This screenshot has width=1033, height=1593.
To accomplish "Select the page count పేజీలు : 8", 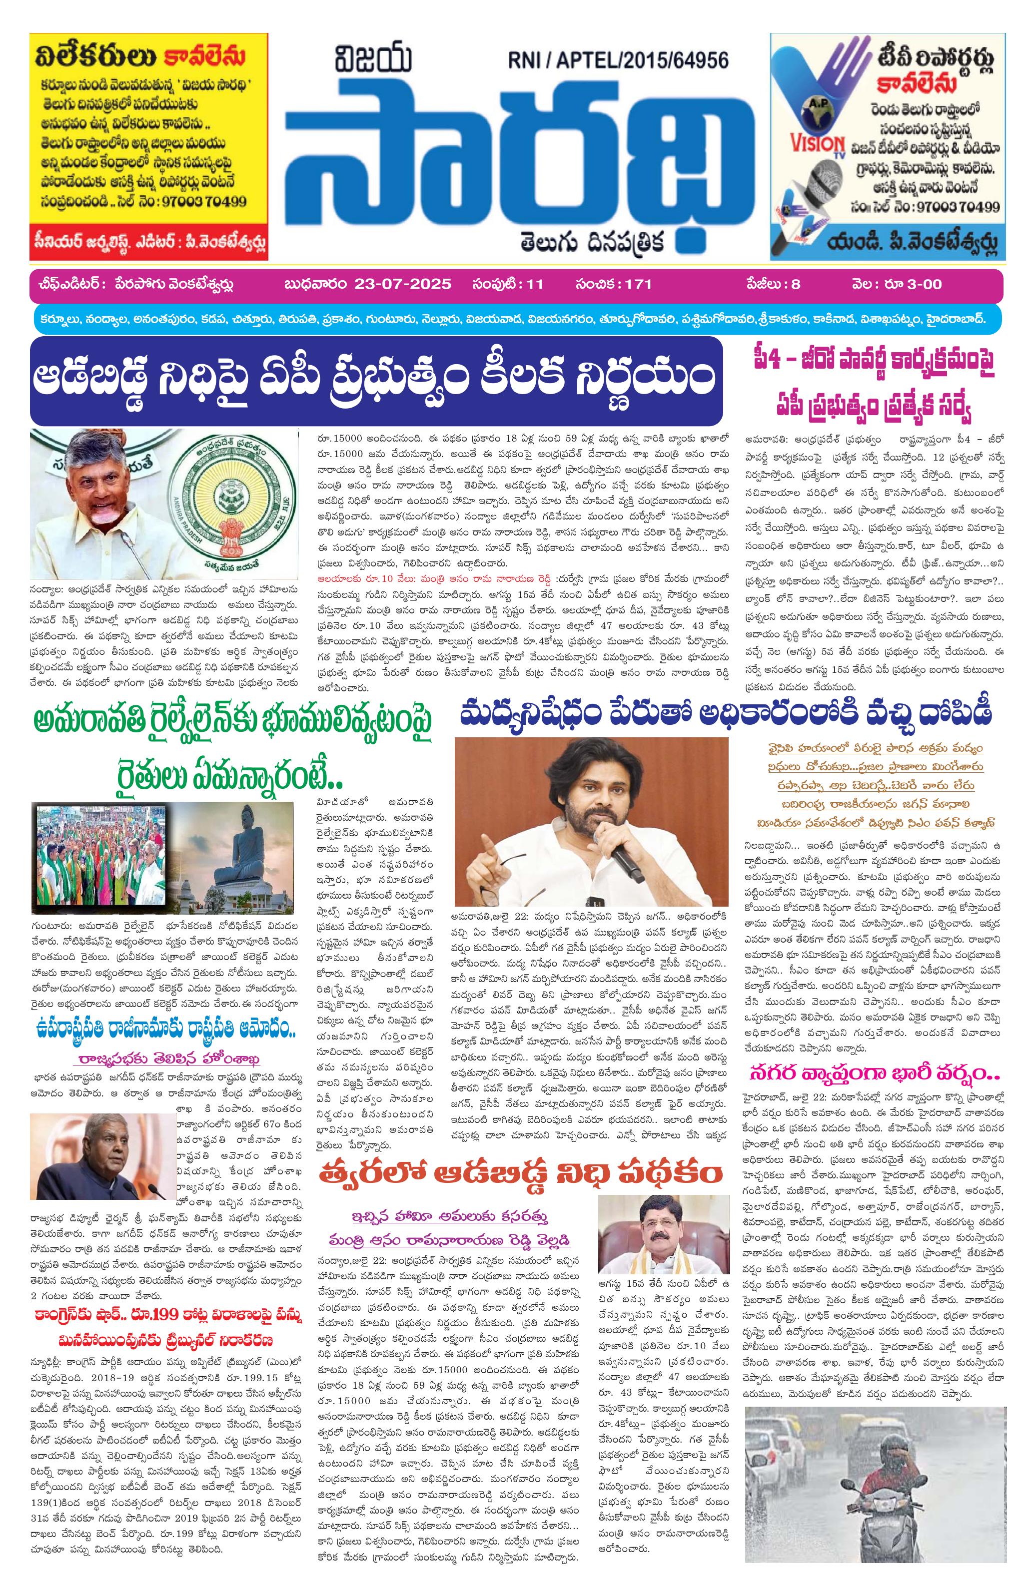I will pos(770,284).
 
